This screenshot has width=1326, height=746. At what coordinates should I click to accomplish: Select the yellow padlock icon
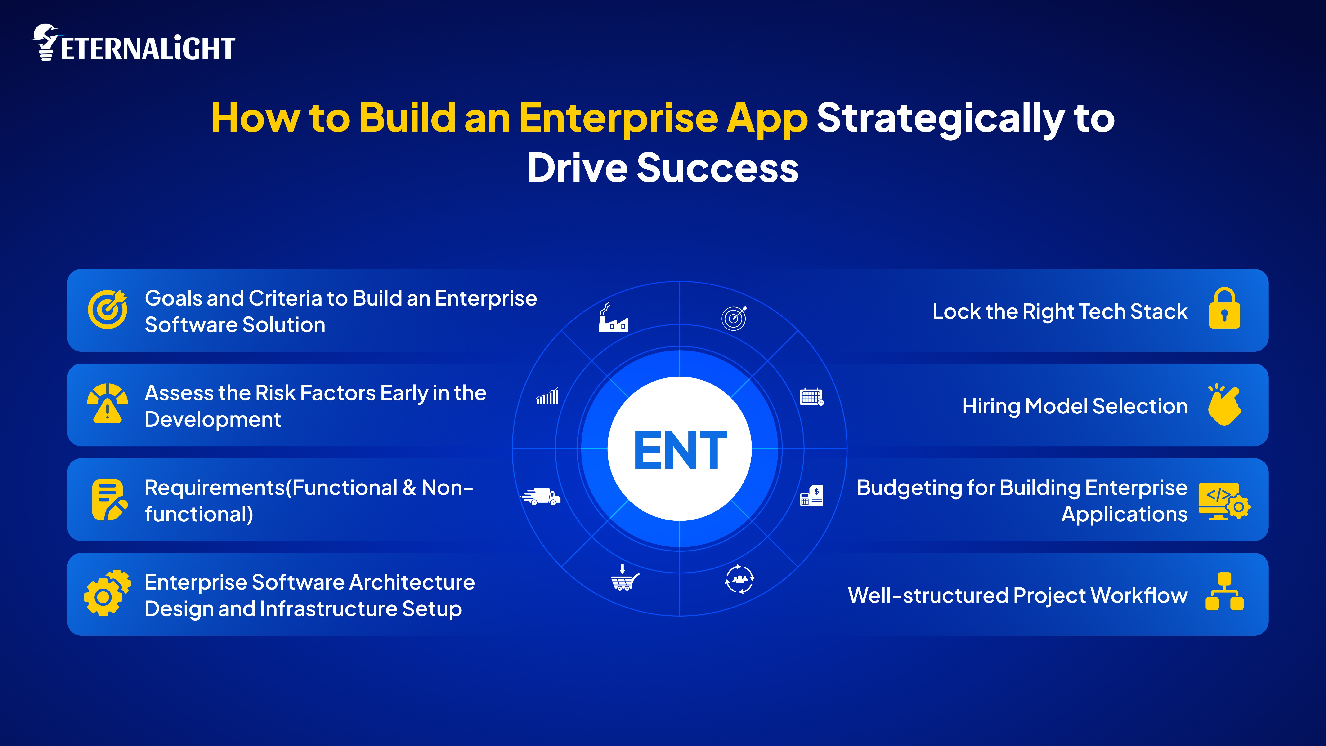(x=1224, y=309)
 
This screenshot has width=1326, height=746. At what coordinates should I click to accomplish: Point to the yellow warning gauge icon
(x=107, y=404)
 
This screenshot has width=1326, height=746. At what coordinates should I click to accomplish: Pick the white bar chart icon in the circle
(x=547, y=397)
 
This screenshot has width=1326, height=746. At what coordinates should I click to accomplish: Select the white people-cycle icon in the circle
(x=740, y=579)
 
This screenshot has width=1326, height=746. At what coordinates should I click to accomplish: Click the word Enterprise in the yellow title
(x=618, y=118)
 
